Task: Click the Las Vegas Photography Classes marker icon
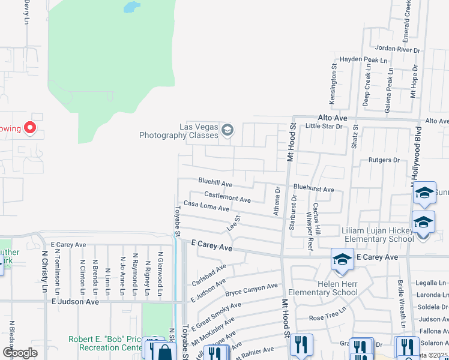[x=227, y=130]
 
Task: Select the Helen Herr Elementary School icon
[x=342, y=259]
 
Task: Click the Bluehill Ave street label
[x=215, y=182]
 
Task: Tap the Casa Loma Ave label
[x=206, y=206]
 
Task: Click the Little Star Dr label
[x=324, y=127]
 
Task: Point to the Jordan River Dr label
[x=397, y=49]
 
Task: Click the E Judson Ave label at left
[x=75, y=302]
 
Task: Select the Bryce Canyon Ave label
[x=252, y=291]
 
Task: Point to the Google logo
[x=20, y=352]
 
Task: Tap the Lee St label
[x=233, y=224]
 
